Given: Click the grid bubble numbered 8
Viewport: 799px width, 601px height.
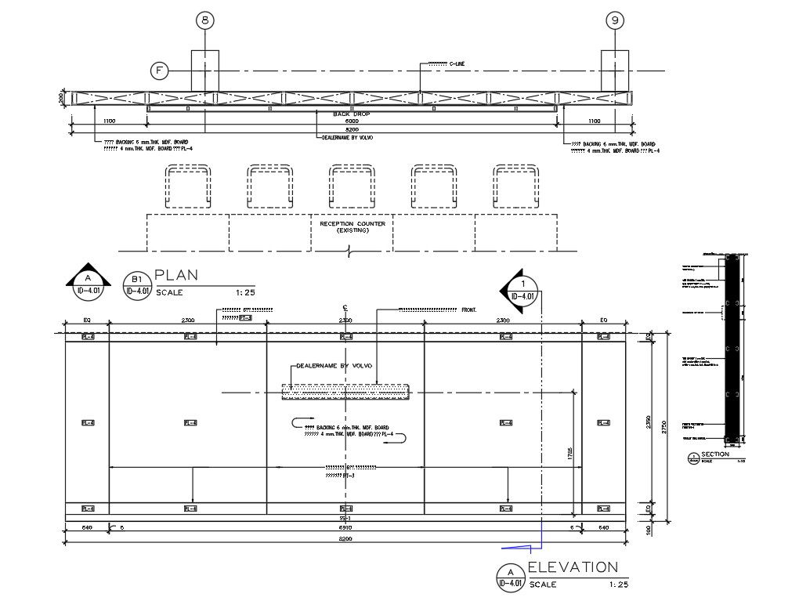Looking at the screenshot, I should (205, 21).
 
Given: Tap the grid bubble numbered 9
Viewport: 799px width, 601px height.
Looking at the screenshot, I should (615, 21).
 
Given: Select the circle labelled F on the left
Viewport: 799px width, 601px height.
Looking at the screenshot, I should (159, 71).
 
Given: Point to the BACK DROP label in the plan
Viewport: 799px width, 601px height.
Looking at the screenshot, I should (352, 114).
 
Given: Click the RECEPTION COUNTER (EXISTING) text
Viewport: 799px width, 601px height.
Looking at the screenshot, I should (352, 227).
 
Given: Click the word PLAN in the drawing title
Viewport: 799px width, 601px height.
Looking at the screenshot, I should (176, 275).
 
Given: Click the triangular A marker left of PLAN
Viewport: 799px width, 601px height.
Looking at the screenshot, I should (88, 281).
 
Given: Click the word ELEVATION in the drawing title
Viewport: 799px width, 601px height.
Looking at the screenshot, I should (573, 567).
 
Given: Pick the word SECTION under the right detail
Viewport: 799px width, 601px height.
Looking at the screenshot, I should (715, 454).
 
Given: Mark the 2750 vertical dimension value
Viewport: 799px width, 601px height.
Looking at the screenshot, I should (664, 427).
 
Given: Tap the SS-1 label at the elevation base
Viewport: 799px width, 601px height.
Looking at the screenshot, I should (345, 518).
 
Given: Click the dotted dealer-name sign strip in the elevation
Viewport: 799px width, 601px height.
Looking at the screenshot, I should (345, 391).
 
